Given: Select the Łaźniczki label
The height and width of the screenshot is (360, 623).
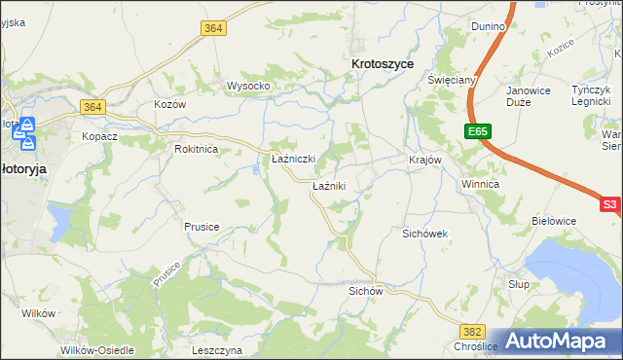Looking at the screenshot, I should coord(292,159).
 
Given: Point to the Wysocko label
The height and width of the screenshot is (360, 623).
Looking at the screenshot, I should coord(247,86).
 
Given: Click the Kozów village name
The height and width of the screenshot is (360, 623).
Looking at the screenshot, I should coord(169,104).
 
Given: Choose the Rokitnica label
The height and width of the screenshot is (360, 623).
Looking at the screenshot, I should coord(196,149).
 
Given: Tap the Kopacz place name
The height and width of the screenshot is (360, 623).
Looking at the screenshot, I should coord(99,136).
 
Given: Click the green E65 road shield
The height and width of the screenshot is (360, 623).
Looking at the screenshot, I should coord(477,130).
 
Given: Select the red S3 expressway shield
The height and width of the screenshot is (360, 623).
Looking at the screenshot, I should coord(609,204).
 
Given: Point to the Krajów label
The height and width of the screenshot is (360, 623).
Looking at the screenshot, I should coord(425,160).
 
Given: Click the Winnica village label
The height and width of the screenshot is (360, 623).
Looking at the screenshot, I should coord(480,183).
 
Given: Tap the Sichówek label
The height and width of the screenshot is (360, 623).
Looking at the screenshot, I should coord(424,234).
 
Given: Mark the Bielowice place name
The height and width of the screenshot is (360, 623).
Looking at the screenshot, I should coord(554,221).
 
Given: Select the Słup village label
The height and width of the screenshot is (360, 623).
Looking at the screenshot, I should coord(518,282).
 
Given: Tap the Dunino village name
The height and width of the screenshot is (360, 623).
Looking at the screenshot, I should coord(488,26).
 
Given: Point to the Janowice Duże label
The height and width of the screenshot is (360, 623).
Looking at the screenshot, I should coord(529,98).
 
